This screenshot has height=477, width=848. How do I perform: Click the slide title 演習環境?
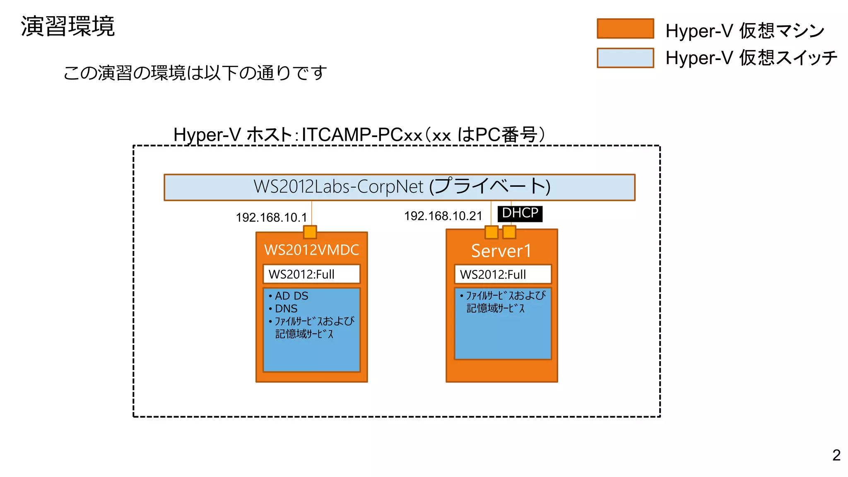click(x=67, y=26)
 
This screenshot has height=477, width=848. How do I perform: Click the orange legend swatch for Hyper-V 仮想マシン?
click(x=625, y=29)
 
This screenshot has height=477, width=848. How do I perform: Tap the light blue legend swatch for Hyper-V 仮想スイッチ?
click(x=625, y=58)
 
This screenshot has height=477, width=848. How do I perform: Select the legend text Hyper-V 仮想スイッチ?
click(x=751, y=58)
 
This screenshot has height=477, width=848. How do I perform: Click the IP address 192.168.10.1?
click(x=271, y=217)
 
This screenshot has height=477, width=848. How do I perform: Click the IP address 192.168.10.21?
click(x=443, y=216)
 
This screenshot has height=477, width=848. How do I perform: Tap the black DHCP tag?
click(x=520, y=213)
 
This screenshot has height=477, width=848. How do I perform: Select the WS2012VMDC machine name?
click(x=311, y=250)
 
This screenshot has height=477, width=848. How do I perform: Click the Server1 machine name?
click(x=501, y=251)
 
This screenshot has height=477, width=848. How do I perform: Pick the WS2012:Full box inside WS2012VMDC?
click(x=311, y=274)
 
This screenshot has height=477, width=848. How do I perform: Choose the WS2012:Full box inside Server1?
click(x=503, y=274)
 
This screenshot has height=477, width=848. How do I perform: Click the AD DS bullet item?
click(x=291, y=296)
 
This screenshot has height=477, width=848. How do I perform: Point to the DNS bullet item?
click(x=286, y=308)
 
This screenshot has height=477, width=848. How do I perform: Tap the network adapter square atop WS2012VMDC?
click(x=310, y=232)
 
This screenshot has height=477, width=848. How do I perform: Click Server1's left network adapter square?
click(x=491, y=232)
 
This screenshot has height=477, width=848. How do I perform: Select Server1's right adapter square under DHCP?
click(x=509, y=232)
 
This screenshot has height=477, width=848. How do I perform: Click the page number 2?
click(x=836, y=455)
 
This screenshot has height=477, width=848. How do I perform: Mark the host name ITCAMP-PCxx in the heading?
click(x=362, y=135)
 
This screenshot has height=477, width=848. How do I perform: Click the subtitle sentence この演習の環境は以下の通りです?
click(x=195, y=73)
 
